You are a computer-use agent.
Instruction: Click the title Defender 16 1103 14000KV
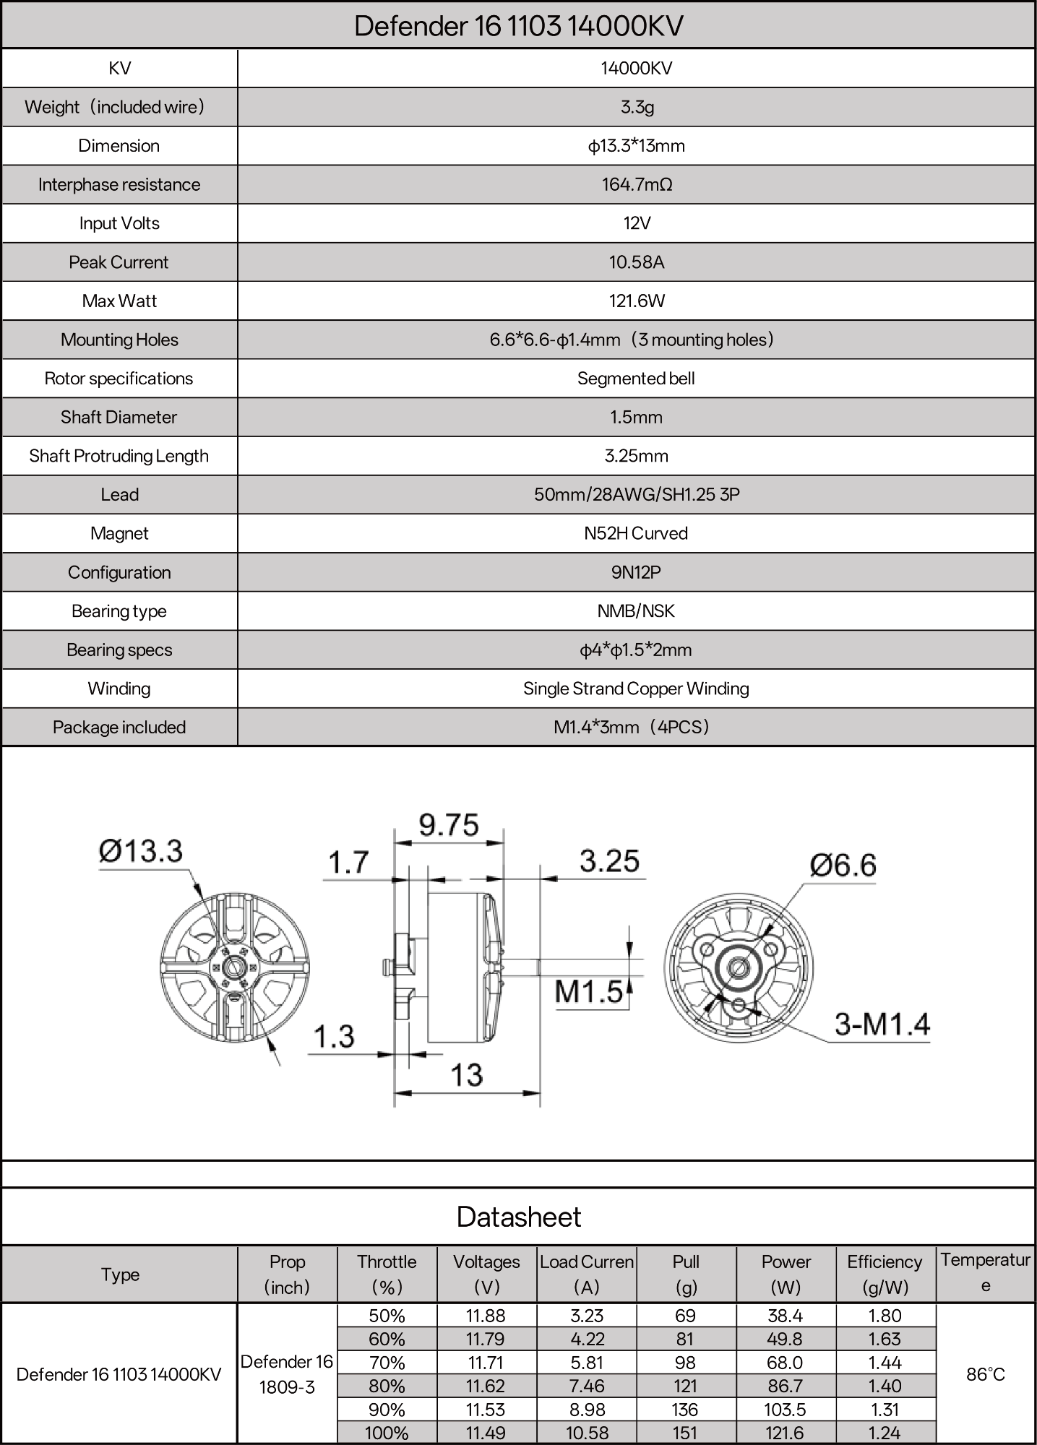[518, 26]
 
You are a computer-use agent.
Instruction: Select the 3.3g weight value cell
[637, 107]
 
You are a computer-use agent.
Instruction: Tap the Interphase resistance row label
[119, 184]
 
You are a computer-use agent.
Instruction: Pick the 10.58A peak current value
[637, 262]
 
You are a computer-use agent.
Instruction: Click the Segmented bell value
[636, 379]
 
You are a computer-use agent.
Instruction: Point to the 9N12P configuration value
[636, 572]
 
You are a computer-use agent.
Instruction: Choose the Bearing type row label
[119, 611]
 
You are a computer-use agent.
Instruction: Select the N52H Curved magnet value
[636, 533]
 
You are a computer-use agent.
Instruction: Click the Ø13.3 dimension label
[141, 851]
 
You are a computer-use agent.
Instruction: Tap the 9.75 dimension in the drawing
[449, 825]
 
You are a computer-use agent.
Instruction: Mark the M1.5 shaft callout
[588, 991]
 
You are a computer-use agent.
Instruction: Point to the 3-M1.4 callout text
[882, 1024]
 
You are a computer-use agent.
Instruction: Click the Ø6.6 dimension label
[843, 865]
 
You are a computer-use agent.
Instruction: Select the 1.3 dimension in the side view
[334, 1037]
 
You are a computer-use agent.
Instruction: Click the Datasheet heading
[518, 1217]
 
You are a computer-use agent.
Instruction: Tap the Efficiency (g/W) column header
[885, 1274]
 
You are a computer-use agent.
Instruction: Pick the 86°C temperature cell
[986, 1374]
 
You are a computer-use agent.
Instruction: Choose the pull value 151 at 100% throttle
[685, 1433]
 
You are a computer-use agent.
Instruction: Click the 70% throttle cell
[387, 1363]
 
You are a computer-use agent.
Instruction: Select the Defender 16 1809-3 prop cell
[287, 1374]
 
